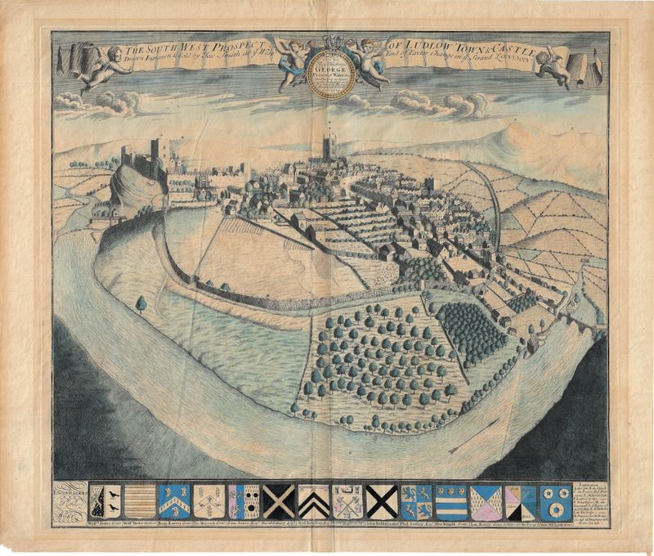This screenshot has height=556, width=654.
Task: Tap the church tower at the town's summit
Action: pos(329,147)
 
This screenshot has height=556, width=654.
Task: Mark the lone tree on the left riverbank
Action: pos(141,304)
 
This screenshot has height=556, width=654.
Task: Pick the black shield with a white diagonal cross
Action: pos(280,499)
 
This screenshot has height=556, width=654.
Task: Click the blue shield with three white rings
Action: pos(557,499)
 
